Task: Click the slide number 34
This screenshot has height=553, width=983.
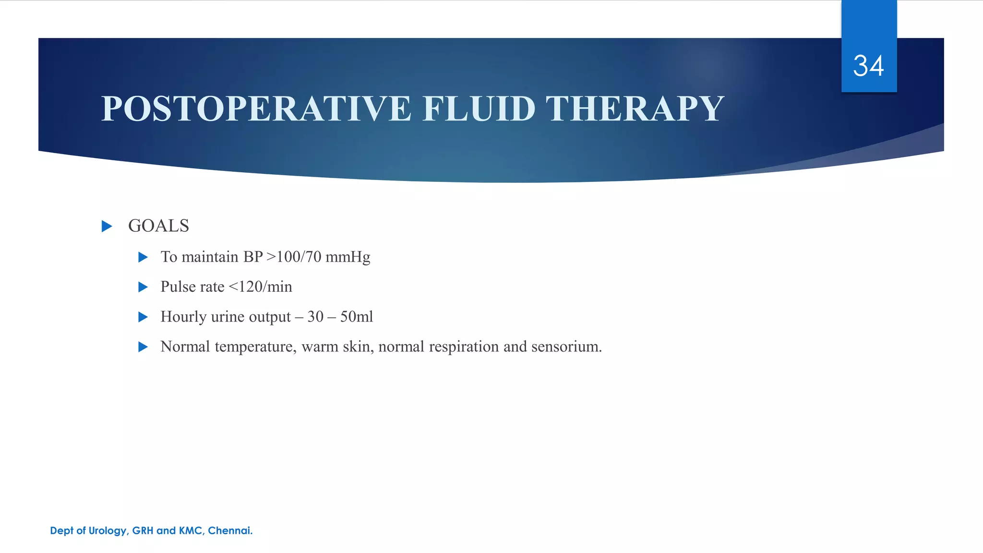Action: pyautogui.click(x=868, y=66)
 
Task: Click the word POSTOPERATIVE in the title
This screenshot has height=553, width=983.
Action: pyautogui.click(x=256, y=108)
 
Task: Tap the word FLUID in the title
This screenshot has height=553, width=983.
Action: pyautogui.click(x=479, y=108)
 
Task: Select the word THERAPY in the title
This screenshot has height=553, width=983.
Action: pyautogui.click(x=635, y=108)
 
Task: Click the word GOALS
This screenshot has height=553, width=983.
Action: pyautogui.click(x=158, y=226)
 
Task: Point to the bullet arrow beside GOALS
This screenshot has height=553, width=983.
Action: pyautogui.click(x=107, y=226)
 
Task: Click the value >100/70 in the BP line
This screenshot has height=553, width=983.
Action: pyautogui.click(x=294, y=257)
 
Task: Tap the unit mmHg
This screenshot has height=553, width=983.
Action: pyautogui.click(x=348, y=257)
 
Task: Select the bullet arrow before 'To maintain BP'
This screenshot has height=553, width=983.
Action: pyautogui.click(x=143, y=257)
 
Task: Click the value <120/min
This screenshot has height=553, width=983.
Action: pyautogui.click(x=260, y=287)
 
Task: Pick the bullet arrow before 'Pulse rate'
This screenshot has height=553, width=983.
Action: pyautogui.click(x=143, y=287)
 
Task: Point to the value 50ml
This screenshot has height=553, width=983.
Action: pyautogui.click(x=357, y=317)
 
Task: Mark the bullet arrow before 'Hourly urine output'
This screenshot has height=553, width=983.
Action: pyautogui.click(x=143, y=317)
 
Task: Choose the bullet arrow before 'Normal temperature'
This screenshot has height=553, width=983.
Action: pyautogui.click(x=143, y=347)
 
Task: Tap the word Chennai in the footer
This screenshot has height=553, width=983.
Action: pyautogui.click(x=230, y=530)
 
